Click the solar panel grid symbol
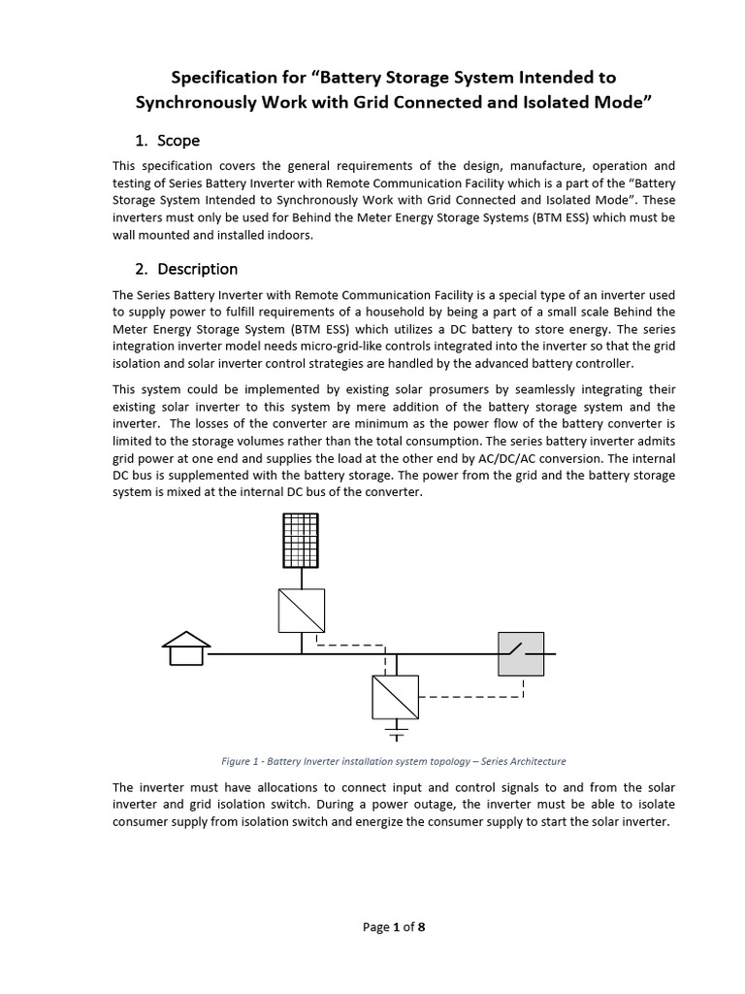coord(302,540)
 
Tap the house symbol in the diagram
coord(185,648)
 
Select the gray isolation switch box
coord(521,653)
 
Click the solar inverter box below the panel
coord(302,611)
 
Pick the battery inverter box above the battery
coord(396,696)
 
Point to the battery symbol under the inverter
coord(396,731)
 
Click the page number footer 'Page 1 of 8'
coord(394,927)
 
